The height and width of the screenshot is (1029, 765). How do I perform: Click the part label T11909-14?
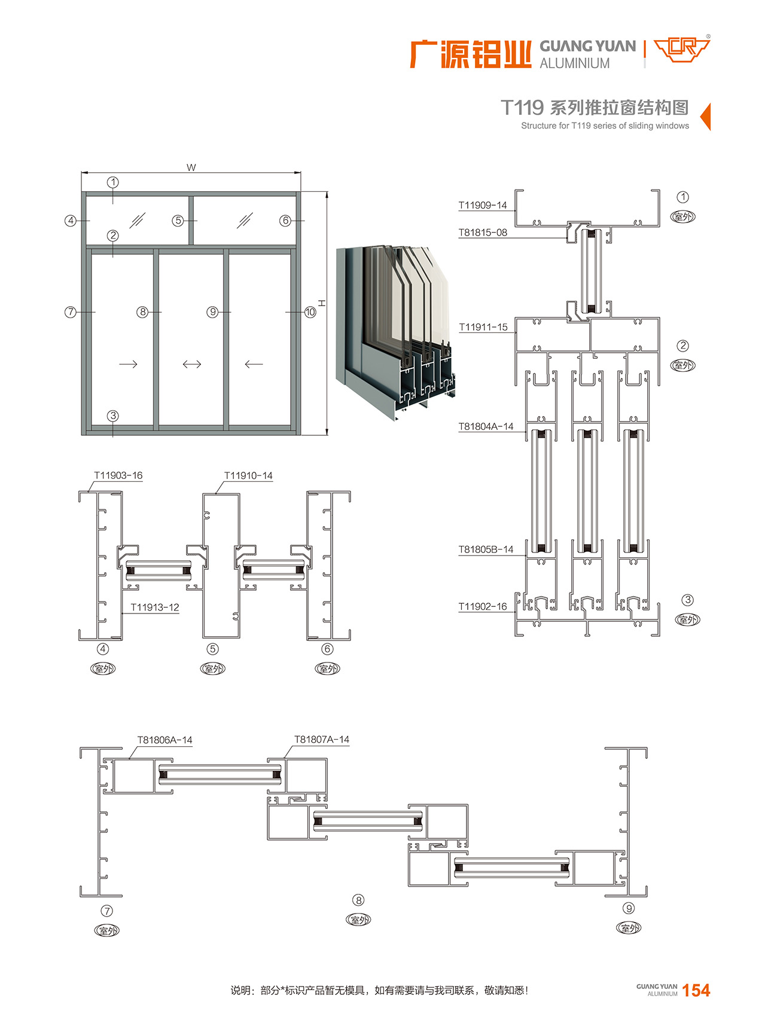click(482, 206)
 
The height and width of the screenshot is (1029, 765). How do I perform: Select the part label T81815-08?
click(482, 233)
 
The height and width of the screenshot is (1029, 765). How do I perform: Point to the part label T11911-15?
click(483, 327)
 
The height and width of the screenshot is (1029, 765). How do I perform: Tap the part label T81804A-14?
click(486, 426)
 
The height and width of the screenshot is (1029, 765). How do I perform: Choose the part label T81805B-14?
click(486, 549)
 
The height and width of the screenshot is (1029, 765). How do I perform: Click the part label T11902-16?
click(482, 606)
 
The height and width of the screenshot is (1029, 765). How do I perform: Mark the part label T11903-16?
click(118, 475)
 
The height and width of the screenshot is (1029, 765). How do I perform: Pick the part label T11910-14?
click(248, 475)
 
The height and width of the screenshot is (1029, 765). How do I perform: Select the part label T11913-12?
click(155, 607)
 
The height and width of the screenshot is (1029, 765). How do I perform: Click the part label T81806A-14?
click(165, 740)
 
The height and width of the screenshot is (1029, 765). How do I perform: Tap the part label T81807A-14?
click(322, 739)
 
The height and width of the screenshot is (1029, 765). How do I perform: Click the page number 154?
click(696, 990)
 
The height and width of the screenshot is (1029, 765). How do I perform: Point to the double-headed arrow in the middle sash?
click(192, 364)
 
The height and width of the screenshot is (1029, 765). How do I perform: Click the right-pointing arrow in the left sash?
click(129, 364)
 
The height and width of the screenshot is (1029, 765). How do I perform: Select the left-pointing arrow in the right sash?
click(254, 364)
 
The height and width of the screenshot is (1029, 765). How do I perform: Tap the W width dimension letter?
click(191, 167)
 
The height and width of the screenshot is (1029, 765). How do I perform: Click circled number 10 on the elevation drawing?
click(310, 312)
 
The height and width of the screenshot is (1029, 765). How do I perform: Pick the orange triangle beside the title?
click(705, 117)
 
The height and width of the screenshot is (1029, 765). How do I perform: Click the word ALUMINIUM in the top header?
click(575, 63)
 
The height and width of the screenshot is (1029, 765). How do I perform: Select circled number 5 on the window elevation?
click(178, 221)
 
